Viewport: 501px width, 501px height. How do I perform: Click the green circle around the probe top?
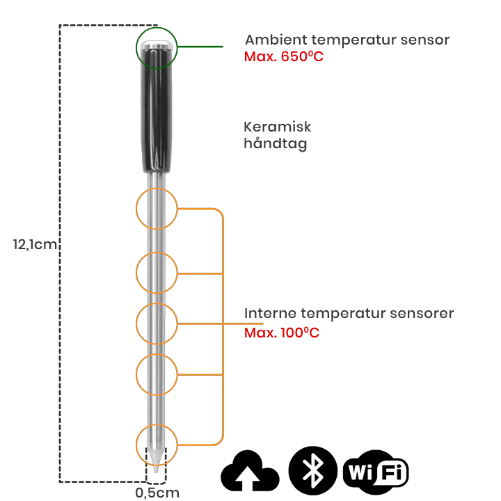tap(157, 47)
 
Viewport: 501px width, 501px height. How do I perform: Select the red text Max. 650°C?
tap(284, 56)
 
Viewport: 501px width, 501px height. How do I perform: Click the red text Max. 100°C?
tap(282, 333)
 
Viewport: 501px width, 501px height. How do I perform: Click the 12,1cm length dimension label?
tap(35, 244)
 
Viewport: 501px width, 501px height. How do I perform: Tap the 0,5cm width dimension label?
tap(157, 493)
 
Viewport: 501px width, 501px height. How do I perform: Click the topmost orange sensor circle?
tap(157, 209)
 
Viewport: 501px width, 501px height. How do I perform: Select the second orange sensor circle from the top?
tap(157, 272)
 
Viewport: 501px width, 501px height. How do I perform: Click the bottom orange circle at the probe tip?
tap(157, 443)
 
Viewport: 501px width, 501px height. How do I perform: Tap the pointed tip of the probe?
tap(157, 471)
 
